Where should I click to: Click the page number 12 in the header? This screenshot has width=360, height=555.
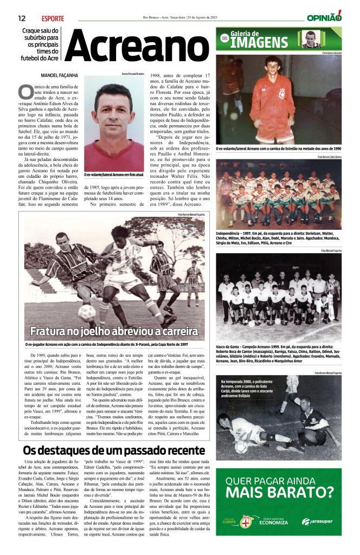22,18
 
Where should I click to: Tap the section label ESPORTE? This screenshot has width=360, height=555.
52,18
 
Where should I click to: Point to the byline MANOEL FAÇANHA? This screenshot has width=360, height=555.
49,75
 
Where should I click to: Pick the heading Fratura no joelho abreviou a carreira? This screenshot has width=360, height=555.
114,331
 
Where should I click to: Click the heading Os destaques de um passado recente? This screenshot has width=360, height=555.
113,451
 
